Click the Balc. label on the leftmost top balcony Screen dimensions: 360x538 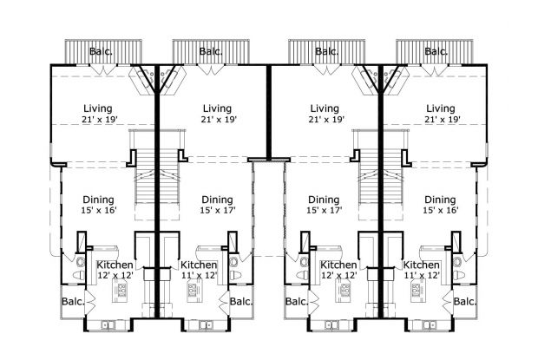100,52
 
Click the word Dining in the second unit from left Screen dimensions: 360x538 217,199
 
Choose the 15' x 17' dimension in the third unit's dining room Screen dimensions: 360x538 324,210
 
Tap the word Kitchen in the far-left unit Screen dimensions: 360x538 115,265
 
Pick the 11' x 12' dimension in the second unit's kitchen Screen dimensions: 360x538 199,275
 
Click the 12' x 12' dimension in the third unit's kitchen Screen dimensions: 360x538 338,275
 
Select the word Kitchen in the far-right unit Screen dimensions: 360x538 422,265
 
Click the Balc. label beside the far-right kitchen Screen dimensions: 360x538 464,303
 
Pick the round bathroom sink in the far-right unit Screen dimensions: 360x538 458,261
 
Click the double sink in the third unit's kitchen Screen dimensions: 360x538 332,325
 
